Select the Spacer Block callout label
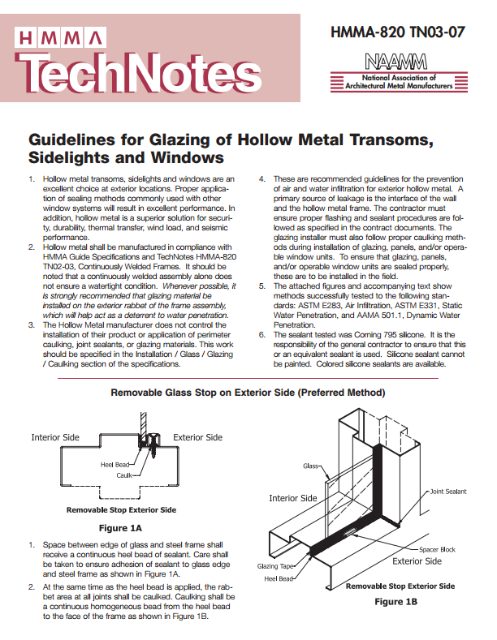point(437,549)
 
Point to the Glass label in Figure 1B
point(311,466)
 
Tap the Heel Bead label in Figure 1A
point(116,464)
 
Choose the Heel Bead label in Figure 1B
point(279,579)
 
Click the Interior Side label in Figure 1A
point(56,437)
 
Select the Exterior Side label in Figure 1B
point(417,561)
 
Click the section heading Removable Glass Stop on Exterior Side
point(248,393)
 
